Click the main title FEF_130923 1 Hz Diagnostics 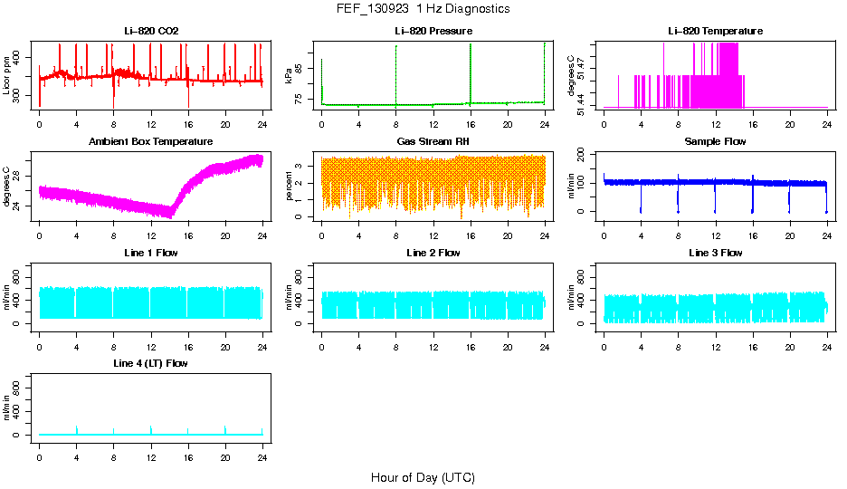coord(422,9)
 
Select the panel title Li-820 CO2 coord(151,31)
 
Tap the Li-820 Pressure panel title coord(433,31)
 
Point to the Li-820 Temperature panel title coord(715,31)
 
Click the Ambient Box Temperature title coord(151,141)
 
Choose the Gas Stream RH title coord(433,141)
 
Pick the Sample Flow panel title coord(715,141)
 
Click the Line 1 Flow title coord(151,252)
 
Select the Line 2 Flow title coord(433,252)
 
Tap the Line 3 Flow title coord(715,252)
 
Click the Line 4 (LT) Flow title coord(151,362)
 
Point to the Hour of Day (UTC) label coord(423,477)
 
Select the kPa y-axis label coord(290,75)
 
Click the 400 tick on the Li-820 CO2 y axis coord(21,57)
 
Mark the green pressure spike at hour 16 coord(471,72)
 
